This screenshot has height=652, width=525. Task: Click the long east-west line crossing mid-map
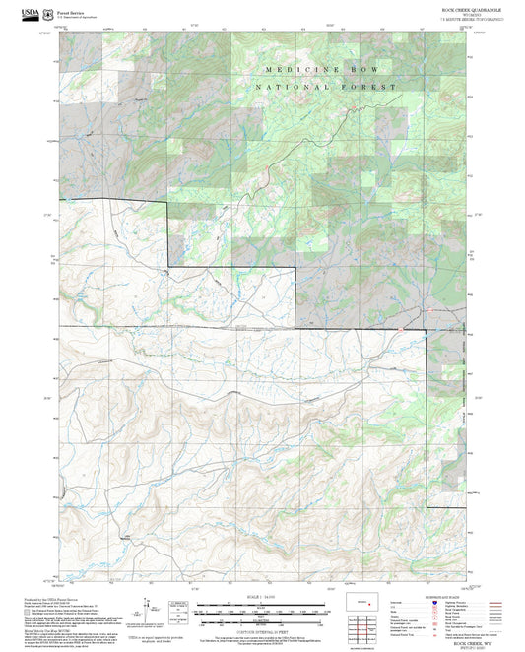(x=246, y=326)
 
